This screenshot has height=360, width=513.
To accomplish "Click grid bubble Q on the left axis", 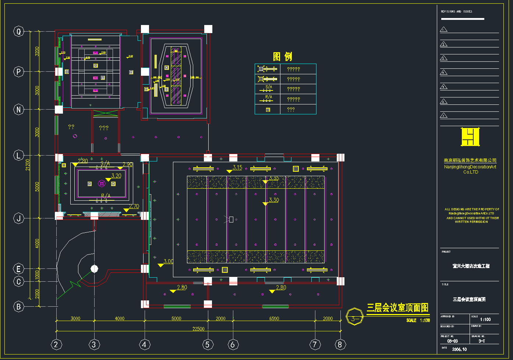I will [x=19, y=31].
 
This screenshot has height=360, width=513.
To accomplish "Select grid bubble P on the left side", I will [x=19, y=72].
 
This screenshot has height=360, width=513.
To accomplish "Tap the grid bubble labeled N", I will [x=19, y=109].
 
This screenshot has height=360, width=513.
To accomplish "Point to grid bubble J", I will [x=19, y=218].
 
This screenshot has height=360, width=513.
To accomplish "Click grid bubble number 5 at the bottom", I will [x=208, y=345].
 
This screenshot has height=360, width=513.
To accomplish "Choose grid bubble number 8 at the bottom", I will [x=340, y=345].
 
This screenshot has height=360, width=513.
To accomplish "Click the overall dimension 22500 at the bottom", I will [x=198, y=329].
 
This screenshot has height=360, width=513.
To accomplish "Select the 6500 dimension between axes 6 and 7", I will [x=274, y=318].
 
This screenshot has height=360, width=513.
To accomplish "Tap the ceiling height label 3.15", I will [x=237, y=167].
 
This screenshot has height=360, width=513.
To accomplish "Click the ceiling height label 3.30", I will [x=274, y=200].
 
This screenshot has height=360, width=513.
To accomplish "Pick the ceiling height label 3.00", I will [x=168, y=261].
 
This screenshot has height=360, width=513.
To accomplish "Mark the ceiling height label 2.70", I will [x=134, y=206].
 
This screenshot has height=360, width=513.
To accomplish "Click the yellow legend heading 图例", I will [x=283, y=57].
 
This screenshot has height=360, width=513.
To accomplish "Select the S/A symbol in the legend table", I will [x=268, y=88].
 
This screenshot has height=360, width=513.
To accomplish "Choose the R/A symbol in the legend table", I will [x=268, y=99].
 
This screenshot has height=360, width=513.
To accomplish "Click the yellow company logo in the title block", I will [x=470, y=137].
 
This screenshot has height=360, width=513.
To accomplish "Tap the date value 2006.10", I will [x=459, y=349].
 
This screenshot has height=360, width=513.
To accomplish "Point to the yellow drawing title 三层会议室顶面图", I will [x=397, y=308].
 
